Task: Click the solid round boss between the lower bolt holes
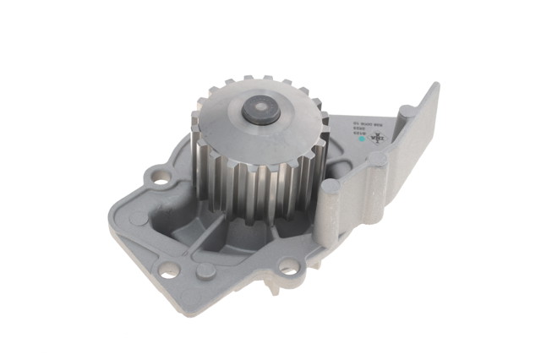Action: point(205,270)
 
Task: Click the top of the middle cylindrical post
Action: point(376,159)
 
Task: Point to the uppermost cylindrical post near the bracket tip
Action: point(408,111)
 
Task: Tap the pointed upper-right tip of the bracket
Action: point(434,88)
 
